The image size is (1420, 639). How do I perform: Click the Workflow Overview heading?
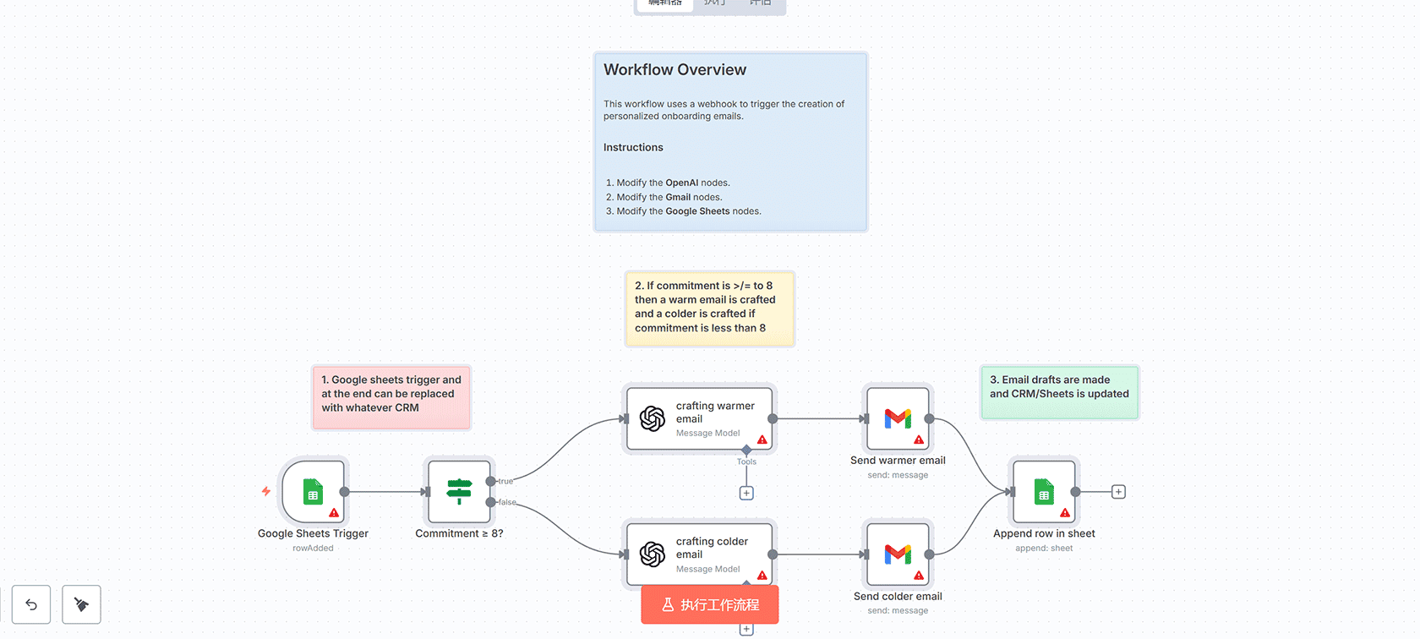(x=674, y=70)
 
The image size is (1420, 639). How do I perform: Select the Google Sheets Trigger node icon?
(x=313, y=491)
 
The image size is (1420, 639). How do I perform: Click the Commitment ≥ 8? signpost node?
(x=459, y=491)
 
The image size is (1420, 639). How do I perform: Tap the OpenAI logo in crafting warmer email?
(x=653, y=418)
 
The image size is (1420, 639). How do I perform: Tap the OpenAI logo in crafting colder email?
(x=653, y=554)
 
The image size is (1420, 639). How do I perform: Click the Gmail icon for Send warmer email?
(x=898, y=418)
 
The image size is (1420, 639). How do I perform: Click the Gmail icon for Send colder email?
(x=898, y=554)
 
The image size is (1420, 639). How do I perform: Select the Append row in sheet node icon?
(x=1044, y=491)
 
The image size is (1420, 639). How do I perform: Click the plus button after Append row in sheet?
(x=1118, y=492)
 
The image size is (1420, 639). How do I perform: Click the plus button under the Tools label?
(x=746, y=494)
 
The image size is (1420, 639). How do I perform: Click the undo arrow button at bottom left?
(x=31, y=604)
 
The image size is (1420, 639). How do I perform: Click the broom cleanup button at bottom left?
(x=81, y=604)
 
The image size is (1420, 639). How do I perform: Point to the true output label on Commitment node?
(x=505, y=482)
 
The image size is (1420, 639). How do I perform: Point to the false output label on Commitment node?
(x=507, y=502)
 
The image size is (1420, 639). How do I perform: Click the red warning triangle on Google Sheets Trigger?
(x=334, y=513)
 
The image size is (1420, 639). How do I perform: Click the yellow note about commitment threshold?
(x=709, y=308)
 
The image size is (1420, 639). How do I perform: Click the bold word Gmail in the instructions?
(x=678, y=198)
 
